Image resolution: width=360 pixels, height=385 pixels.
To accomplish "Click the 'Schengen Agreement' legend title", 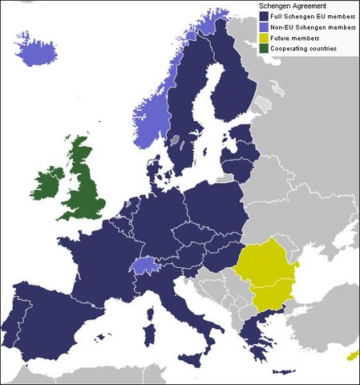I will (293, 6).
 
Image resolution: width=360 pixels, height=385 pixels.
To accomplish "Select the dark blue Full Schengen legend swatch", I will (263, 16).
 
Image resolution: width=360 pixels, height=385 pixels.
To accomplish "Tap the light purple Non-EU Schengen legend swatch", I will (263, 27).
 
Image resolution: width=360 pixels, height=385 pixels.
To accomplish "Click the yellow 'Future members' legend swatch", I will (263, 38).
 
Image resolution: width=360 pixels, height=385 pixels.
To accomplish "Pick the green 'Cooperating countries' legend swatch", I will (263, 49).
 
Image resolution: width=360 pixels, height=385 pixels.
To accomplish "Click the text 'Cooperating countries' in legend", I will (303, 49).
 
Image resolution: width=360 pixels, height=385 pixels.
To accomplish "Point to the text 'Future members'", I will (295, 38).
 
